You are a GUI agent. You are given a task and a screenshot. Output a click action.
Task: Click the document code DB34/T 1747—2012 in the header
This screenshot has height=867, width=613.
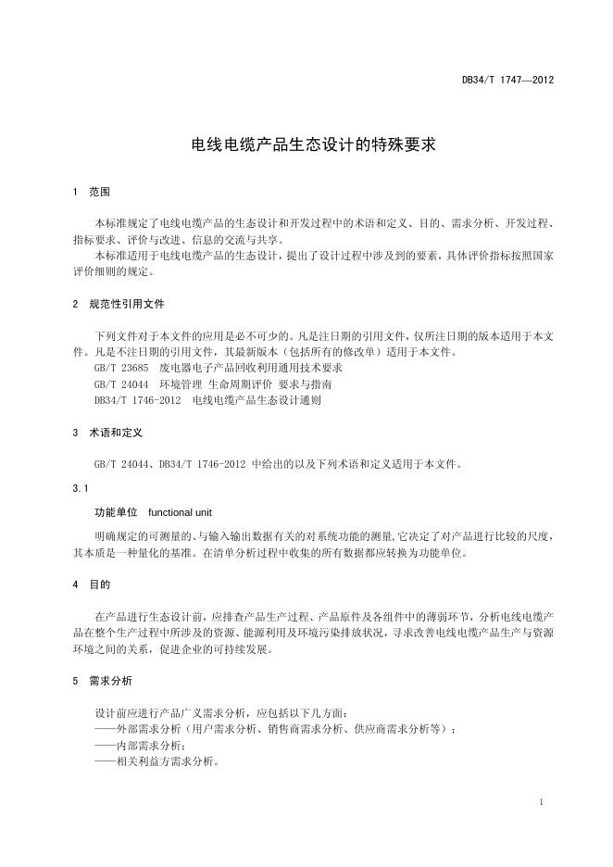507,81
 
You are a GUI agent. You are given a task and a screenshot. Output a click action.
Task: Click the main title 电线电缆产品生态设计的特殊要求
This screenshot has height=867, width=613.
306,145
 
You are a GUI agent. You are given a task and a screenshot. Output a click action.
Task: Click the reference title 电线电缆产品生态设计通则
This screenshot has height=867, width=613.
258,399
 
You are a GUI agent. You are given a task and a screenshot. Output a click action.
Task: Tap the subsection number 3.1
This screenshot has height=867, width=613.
80,487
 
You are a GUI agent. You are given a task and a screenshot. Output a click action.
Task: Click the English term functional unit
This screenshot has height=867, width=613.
181,511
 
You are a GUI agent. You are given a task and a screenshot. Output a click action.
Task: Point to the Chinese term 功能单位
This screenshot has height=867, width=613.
116,511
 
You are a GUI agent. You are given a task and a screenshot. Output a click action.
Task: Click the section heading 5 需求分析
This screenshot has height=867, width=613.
102,681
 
